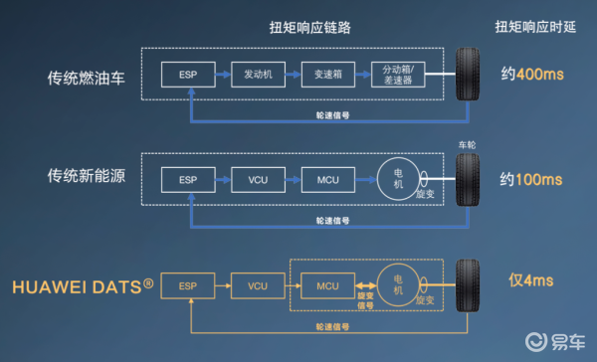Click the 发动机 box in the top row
click(x=258, y=74)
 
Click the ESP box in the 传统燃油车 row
click(x=188, y=74)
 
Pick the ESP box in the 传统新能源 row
click(x=188, y=180)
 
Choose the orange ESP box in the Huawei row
click(x=188, y=284)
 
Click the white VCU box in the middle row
click(x=258, y=180)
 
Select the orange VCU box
click(x=258, y=284)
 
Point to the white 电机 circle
click(x=398, y=179)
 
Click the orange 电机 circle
click(x=398, y=284)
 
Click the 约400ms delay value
click(x=531, y=74)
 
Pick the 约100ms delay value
click(x=531, y=180)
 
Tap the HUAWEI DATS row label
click(x=83, y=286)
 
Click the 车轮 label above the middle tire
click(x=468, y=144)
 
